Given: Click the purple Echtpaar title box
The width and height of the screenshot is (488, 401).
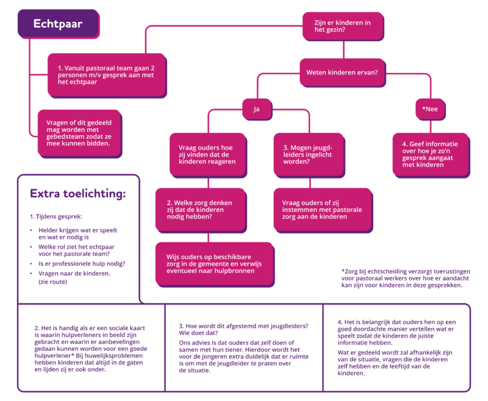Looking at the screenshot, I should tap(58, 25).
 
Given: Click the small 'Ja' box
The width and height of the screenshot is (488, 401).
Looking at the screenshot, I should tap(257, 109).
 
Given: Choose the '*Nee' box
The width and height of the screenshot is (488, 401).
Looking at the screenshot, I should tap(430, 109).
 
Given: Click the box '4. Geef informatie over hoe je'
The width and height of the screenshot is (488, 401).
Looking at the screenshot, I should tap(430, 154).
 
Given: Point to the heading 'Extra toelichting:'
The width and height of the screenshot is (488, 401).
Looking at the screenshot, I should tap(78, 193).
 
